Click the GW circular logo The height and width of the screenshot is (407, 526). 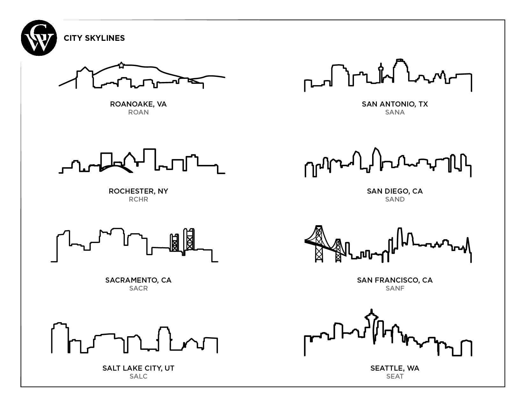[39, 38]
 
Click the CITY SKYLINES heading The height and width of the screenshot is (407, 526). [94, 38]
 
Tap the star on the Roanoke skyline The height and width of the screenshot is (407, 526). [121, 65]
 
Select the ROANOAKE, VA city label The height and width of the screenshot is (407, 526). [138, 104]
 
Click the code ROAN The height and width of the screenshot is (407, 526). [138, 112]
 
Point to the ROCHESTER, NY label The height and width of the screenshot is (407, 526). [138, 191]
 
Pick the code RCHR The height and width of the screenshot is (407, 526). [138, 199]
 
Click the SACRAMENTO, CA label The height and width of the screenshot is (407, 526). [138, 280]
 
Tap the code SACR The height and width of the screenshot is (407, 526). [138, 288]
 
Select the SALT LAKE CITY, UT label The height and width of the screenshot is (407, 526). [138, 368]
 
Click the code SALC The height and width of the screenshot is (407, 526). [138, 376]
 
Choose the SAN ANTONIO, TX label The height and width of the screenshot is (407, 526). [395, 104]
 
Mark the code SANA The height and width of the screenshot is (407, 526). [395, 112]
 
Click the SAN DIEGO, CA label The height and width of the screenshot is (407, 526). [395, 191]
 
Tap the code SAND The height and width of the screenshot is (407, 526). [395, 199]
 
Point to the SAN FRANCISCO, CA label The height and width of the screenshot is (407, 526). [395, 280]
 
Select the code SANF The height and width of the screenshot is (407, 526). [395, 288]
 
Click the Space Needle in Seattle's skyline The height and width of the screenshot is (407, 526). [371, 322]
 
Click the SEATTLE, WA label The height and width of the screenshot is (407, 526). [395, 368]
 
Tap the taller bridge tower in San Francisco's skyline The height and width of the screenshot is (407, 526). [319, 244]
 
